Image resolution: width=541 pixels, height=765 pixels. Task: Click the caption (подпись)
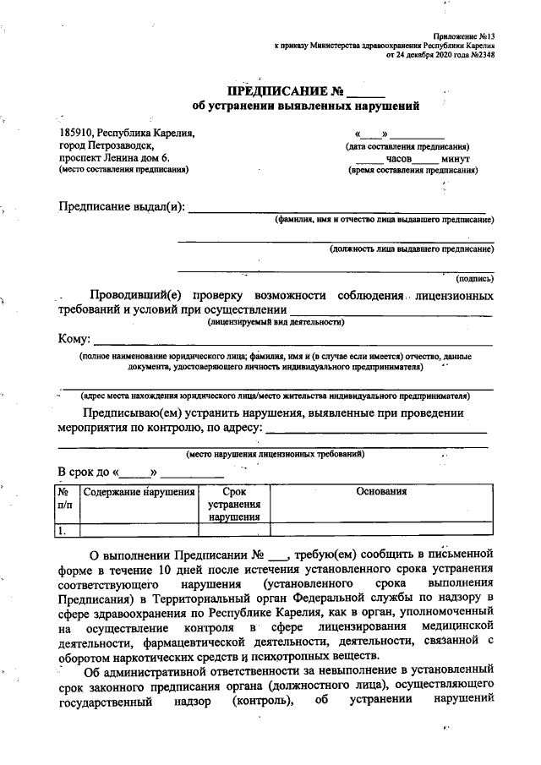tap(474, 278)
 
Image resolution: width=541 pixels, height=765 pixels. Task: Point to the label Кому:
tap(74, 339)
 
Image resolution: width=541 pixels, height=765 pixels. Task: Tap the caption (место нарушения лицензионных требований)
tap(276, 453)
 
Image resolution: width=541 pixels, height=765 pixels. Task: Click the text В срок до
tap(85, 471)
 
